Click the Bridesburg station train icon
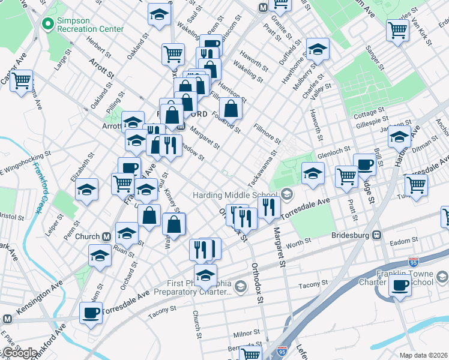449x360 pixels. pos(377,235)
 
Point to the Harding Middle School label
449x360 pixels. pos(235,195)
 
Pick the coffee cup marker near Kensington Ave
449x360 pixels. pos(91,313)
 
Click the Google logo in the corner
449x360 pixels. pos(19,353)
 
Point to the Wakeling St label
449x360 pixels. pos(248,71)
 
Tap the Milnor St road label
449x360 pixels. pos(246,334)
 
